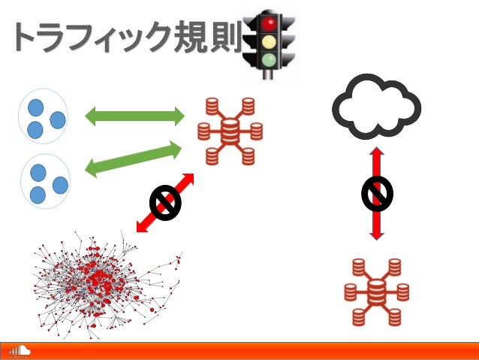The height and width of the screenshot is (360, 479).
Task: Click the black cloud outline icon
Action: pyautogui.click(x=375, y=106)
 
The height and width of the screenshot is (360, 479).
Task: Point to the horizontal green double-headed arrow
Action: pyautogui.click(x=134, y=116)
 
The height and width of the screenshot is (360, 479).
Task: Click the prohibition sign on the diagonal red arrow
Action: pyautogui.click(x=163, y=202)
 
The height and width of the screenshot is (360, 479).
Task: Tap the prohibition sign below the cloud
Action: pyautogui.click(x=377, y=193)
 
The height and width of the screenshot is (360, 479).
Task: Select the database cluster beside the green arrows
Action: pyautogui.click(x=230, y=132)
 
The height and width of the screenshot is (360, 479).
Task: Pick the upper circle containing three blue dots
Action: pyautogui.click(x=44, y=118)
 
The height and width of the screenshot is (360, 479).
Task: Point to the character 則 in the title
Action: pyautogui.click(x=227, y=38)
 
